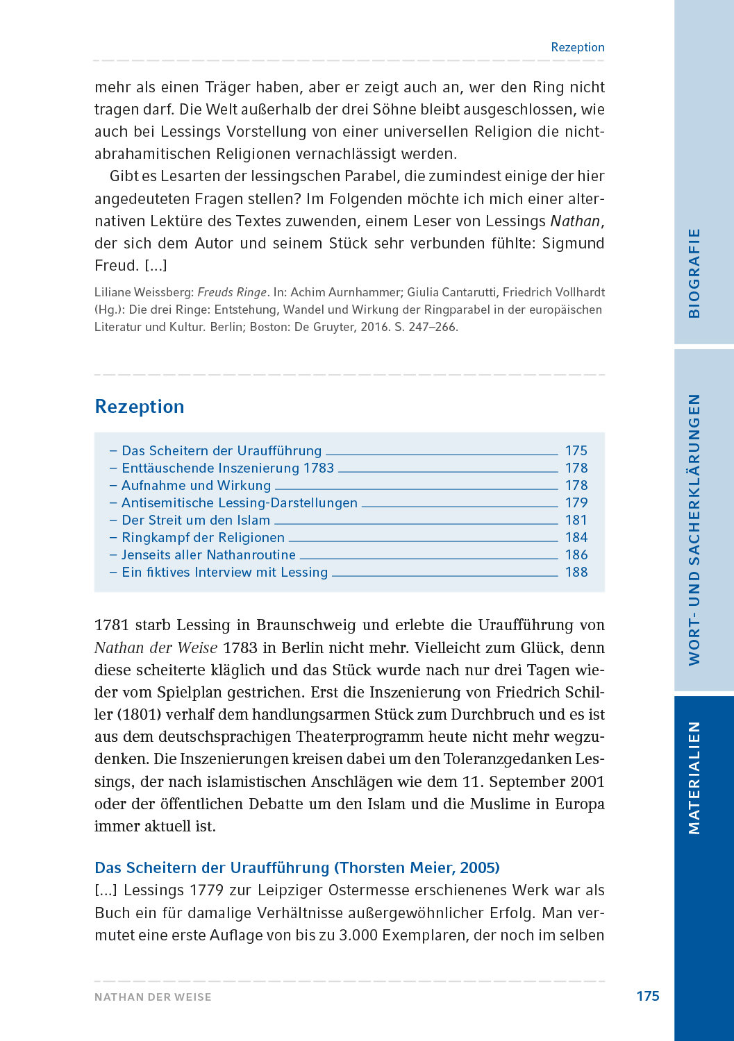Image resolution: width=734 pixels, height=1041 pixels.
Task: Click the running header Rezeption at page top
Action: tap(577, 47)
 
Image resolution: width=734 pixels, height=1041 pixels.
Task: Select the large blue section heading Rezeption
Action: tap(140, 407)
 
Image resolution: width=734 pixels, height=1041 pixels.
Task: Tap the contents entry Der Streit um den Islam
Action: tap(195, 520)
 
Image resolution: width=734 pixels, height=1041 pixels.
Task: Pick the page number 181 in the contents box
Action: tap(576, 520)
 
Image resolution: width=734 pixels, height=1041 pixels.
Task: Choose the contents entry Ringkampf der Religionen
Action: tap(203, 538)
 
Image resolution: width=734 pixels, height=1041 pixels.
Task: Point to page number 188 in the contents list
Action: tap(576, 573)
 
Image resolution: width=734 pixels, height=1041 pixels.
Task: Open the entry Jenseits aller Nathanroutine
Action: tap(208, 555)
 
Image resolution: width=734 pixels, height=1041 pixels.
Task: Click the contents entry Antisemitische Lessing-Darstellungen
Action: tap(239, 503)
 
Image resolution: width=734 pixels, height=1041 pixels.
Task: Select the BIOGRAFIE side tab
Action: tap(694, 273)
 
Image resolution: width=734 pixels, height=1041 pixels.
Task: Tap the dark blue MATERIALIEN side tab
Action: tap(694, 777)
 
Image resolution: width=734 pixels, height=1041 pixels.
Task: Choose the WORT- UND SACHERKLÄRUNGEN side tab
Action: tap(694, 530)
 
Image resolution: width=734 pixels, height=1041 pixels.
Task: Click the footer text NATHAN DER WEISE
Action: tap(153, 997)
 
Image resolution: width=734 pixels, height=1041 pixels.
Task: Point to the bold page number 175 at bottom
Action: tap(647, 996)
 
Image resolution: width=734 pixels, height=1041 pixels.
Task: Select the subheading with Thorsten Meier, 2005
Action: tap(297, 868)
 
